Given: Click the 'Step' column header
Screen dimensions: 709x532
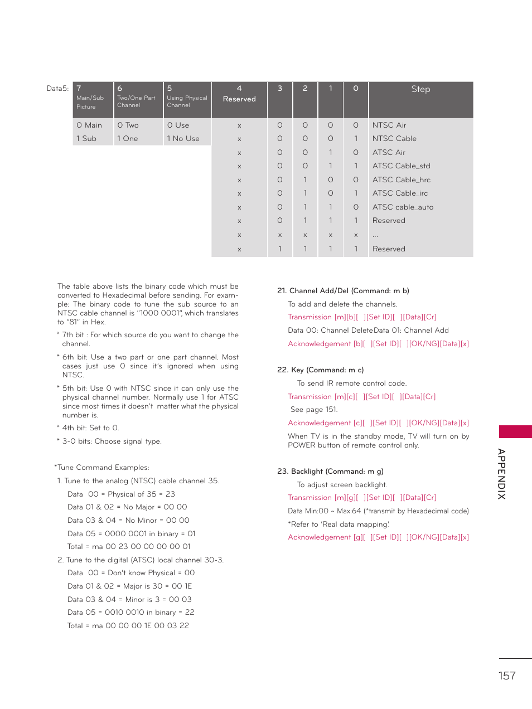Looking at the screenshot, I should pyautogui.click(x=420, y=89).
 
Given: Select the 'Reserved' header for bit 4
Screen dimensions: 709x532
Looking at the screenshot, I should pyautogui.click(x=239, y=99).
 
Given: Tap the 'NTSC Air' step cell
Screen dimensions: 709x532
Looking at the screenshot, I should pyautogui.click(x=389, y=125).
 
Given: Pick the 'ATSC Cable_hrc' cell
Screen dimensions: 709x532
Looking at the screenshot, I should pyautogui.click(x=401, y=180).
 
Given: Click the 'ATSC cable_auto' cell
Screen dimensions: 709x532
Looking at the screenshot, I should pyautogui.click(x=403, y=207).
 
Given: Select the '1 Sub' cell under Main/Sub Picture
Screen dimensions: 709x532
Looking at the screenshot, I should pyautogui.click(x=86, y=139).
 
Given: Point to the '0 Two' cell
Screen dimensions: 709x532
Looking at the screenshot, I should pyautogui.click(x=128, y=125).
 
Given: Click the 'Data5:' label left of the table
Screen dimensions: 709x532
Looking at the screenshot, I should pyautogui.click(x=57, y=89).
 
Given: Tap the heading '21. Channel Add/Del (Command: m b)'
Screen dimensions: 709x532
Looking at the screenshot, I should pyautogui.click(x=343, y=291).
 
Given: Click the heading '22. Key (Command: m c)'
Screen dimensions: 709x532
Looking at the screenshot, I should pyautogui.click(x=320, y=370).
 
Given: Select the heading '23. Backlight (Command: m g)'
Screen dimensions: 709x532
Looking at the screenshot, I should pyautogui.click(x=330, y=472).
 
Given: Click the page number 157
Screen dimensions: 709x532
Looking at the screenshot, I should pyautogui.click(x=507, y=676).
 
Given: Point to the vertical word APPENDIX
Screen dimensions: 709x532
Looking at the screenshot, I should pyautogui.click(x=502, y=474).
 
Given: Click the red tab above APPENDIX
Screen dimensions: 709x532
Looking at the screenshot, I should pyautogui.click(x=515, y=431).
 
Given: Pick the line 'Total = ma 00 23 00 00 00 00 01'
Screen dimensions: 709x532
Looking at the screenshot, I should pyautogui.click(x=129, y=547).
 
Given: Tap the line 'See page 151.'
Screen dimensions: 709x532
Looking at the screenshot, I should pyautogui.click(x=313, y=410).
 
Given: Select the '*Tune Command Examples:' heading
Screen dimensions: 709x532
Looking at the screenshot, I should pyautogui.click(x=101, y=468).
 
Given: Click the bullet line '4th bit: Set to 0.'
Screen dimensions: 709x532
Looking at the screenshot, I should pyautogui.click(x=90, y=428).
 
